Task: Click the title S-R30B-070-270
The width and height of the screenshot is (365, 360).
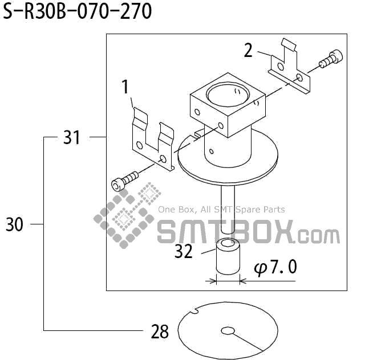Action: [x=78, y=11]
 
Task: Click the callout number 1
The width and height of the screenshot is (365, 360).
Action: [x=125, y=87]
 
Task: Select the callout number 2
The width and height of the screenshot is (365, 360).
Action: [x=248, y=50]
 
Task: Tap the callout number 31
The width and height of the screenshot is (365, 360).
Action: [x=71, y=137]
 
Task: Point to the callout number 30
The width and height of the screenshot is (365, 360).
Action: [x=15, y=225]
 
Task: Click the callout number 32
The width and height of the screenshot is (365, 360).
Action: [x=184, y=251]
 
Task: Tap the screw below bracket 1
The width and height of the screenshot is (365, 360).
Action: [x=124, y=181]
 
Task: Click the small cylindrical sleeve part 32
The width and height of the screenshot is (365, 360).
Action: [x=228, y=258]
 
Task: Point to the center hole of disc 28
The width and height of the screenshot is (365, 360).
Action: [x=228, y=330]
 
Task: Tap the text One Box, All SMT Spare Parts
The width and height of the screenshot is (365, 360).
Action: [x=221, y=210]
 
